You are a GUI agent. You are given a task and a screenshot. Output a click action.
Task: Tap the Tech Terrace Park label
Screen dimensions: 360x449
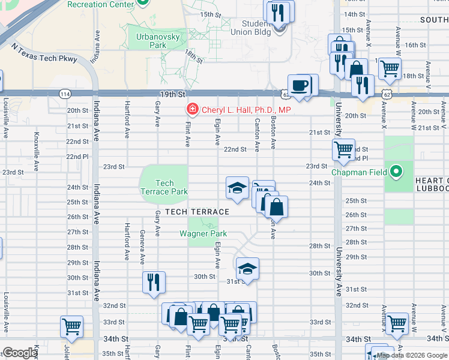[x=164, y=187]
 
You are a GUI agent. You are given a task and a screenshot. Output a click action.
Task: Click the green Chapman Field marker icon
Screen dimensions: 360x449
[x=396, y=172]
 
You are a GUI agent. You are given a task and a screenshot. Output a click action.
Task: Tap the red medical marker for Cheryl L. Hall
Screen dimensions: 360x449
[x=192, y=110]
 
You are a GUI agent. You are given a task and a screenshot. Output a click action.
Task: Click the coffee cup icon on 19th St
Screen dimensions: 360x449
[x=299, y=85]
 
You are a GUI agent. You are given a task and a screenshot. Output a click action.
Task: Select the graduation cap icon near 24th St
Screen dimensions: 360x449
[x=237, y=187]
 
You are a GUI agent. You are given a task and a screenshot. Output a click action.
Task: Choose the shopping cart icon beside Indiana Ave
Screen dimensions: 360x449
[x=71, y=326]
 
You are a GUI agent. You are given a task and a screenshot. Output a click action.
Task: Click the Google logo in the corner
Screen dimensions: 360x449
[x=20, y=353]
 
